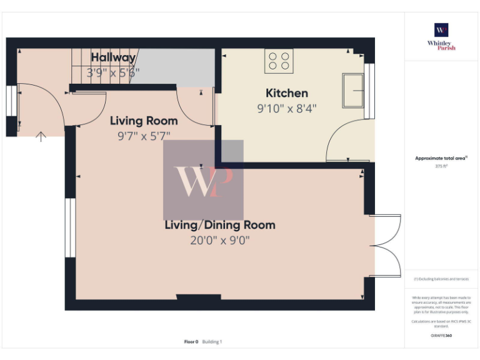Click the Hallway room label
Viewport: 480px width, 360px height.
113,57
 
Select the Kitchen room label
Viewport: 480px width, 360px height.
287,93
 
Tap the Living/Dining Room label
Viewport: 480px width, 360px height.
219,225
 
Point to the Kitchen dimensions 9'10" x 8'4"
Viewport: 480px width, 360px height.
287,108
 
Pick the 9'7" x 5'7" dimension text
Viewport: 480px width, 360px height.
144,136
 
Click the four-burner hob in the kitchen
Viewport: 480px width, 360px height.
279,61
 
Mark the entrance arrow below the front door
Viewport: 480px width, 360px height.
41,136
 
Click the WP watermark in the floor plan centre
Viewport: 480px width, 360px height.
203,180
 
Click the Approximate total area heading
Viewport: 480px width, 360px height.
441,159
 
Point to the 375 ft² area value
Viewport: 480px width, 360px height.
441,166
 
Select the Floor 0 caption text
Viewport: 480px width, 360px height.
191,342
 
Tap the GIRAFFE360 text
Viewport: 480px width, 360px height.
441,336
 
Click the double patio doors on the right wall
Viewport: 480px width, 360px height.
386,246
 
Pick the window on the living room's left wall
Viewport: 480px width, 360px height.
70,227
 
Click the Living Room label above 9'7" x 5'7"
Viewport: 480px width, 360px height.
144,121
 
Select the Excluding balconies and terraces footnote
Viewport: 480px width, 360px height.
441,279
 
